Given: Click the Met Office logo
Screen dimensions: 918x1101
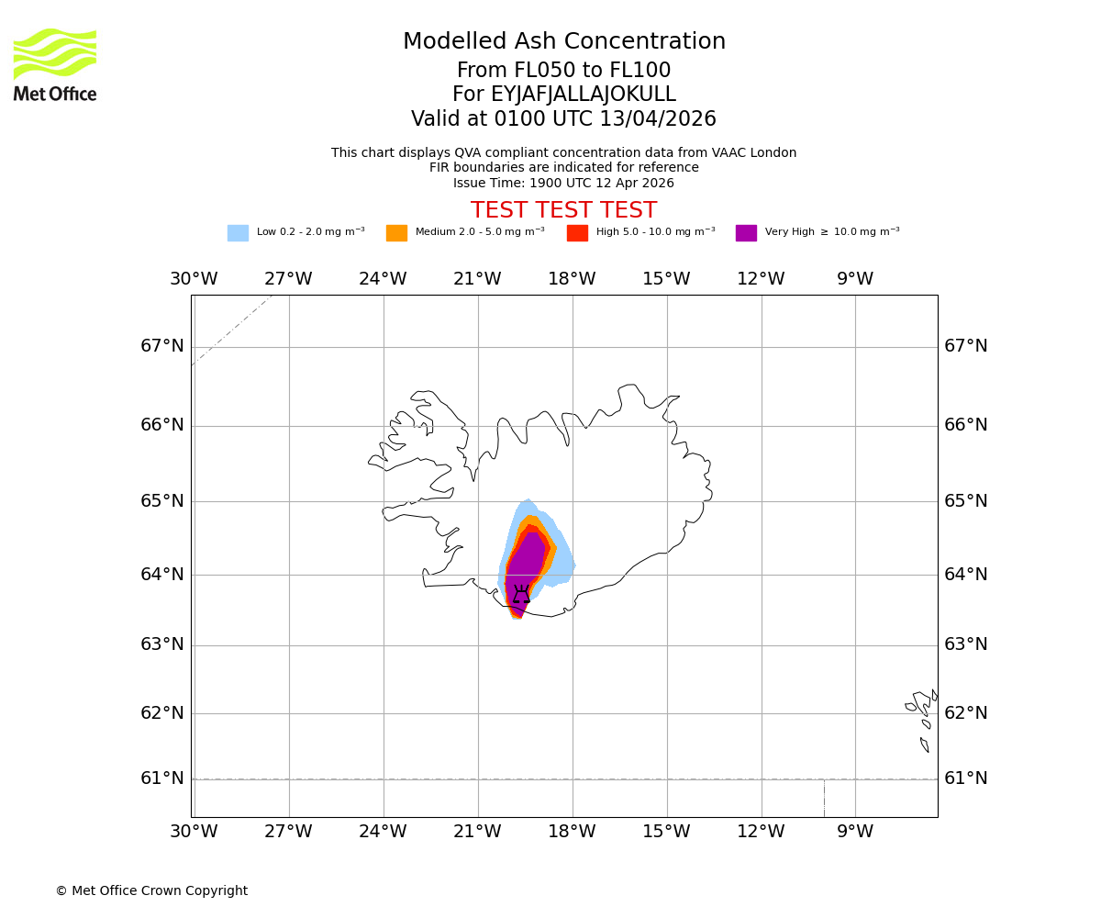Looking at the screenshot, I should (55, 64).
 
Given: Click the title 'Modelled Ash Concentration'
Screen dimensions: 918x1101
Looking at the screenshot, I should (564, 42).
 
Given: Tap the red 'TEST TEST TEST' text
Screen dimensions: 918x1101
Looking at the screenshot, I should (563, 210).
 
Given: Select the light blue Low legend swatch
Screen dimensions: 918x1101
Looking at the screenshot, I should (238, 232).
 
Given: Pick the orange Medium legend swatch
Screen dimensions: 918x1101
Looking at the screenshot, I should (396, 232).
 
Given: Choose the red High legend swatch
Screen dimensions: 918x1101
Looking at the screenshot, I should (577, 232).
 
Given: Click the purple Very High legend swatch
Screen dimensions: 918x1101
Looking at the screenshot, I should (746, 232).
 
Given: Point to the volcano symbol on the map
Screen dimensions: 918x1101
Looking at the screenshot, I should (521, 595).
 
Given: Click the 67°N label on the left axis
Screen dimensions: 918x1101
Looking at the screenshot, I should (162, 346).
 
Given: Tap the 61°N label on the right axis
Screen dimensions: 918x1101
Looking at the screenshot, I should (966, 778).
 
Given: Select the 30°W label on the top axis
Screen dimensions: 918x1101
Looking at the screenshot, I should (194, 279).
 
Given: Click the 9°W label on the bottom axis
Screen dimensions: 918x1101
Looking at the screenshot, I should (855, 832).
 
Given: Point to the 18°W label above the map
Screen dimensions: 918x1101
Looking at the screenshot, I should (572, 279).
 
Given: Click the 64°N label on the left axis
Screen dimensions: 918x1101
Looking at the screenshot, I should (162, 575).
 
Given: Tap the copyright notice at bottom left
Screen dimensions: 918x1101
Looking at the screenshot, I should (151, 890).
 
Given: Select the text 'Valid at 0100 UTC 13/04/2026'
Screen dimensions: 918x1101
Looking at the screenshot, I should (563, 119).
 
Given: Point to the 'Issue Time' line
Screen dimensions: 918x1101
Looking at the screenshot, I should (563, 183).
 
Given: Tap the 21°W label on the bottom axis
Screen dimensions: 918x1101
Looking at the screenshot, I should (477, 832).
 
